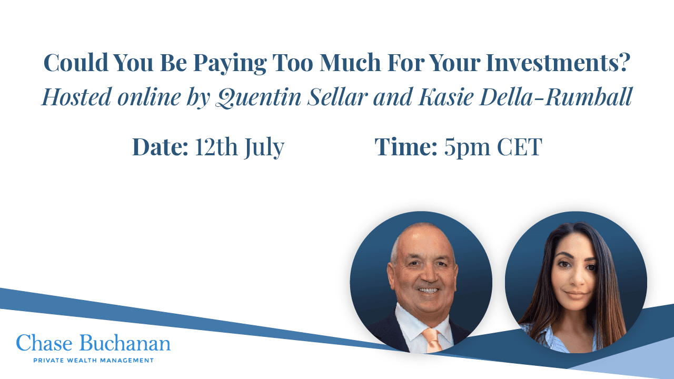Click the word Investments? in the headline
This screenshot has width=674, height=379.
click(x=558, y=63)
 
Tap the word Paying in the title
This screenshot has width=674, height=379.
click(x=230, y=64)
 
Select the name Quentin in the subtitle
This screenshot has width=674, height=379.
click(x=259, y=97)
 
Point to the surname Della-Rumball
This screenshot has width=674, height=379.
click(x=556, y=97)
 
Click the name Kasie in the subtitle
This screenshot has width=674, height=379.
click(x=445, y=97)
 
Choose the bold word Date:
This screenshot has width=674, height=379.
click(x=160, y=146)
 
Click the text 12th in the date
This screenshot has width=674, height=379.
click(x=216, y=146)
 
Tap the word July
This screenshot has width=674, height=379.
click(x=264, y=148)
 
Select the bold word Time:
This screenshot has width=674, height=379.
click(x=405, y=146)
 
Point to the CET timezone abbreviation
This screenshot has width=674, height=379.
click(x=519, y=147)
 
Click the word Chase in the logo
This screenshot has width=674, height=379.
click(x=44, y=343)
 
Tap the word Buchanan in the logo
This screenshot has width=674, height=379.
click(x=125, y=343)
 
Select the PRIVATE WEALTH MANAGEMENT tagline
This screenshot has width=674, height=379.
click(x=93, y=361)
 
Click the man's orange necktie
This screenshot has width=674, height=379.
click(x=432, y=340)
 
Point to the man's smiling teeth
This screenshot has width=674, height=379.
click(x=429, y=291)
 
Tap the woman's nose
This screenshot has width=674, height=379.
click(x=576, y=278)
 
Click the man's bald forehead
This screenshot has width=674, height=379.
click(x=426, y=241)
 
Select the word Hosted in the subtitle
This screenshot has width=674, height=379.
click(x=77, y=97)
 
